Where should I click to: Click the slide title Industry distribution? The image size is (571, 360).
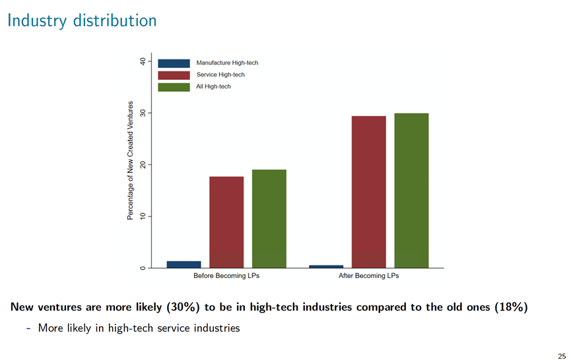coord(82,20)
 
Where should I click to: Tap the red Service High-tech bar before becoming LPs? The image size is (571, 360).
coord(226,222)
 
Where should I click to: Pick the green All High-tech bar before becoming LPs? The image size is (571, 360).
coord(269,219)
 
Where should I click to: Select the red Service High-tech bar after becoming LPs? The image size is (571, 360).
coord(368,192)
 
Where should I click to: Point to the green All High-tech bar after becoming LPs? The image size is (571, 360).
coord(411,190)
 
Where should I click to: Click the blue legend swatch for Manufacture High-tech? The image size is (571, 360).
coord(174,63)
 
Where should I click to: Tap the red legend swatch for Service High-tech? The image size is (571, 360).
coord(174,75)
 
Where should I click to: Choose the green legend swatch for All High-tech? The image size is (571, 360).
coord(174,87)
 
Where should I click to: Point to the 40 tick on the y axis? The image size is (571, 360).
coord(143,61)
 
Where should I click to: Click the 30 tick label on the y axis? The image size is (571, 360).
coord(143,113)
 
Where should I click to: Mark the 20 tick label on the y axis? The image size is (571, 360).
coord(143,164)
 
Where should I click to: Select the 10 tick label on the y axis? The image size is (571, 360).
coord(143,216)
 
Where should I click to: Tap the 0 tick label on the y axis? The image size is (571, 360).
coord(143,268)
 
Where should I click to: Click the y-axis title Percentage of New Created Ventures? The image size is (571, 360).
coord(130,161)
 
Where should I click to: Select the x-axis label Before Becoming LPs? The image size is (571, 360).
coord(226,275)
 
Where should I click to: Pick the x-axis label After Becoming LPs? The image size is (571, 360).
coord(368,275)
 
